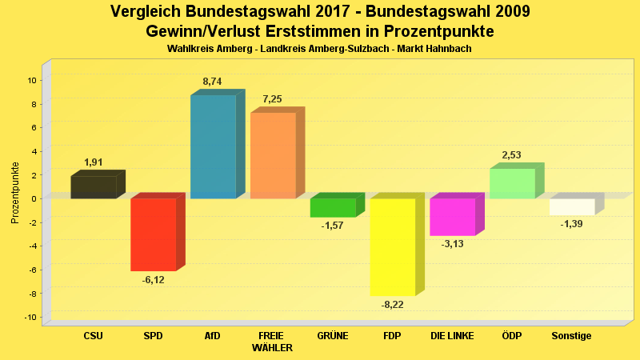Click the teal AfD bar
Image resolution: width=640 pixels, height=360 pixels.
[x=213, y=146]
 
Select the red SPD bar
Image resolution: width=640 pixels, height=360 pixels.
[x=153, y=234]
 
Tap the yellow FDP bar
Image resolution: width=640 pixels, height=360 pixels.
[x=392, y=246]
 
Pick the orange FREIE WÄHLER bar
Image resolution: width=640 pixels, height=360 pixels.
[x=273, y=155]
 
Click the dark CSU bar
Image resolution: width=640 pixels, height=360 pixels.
[x=93, y=187]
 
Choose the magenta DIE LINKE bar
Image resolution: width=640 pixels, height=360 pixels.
[x=452, y=217]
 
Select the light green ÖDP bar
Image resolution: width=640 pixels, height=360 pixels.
[x=512, y=183]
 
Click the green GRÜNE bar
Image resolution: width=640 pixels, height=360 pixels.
[x=332, y=207]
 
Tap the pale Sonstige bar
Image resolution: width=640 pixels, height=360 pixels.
[x=572, y=206]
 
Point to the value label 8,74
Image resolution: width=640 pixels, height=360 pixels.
[x=213, y=82]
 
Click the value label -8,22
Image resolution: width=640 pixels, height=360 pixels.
[x=392, y=304]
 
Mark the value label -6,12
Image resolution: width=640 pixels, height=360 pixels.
[x=153, y=279]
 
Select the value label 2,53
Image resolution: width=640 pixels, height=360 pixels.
[x=512, y=154]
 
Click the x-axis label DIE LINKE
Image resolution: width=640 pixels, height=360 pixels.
[x=452, y=336]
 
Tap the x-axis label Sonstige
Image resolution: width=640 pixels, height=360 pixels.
[x=572, y=336]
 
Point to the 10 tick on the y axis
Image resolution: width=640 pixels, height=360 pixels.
[x=32, y=80]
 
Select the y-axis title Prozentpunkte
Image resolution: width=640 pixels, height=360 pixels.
[x=15, y=193]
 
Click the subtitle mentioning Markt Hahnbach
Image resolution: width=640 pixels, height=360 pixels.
[x=319, y=49]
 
